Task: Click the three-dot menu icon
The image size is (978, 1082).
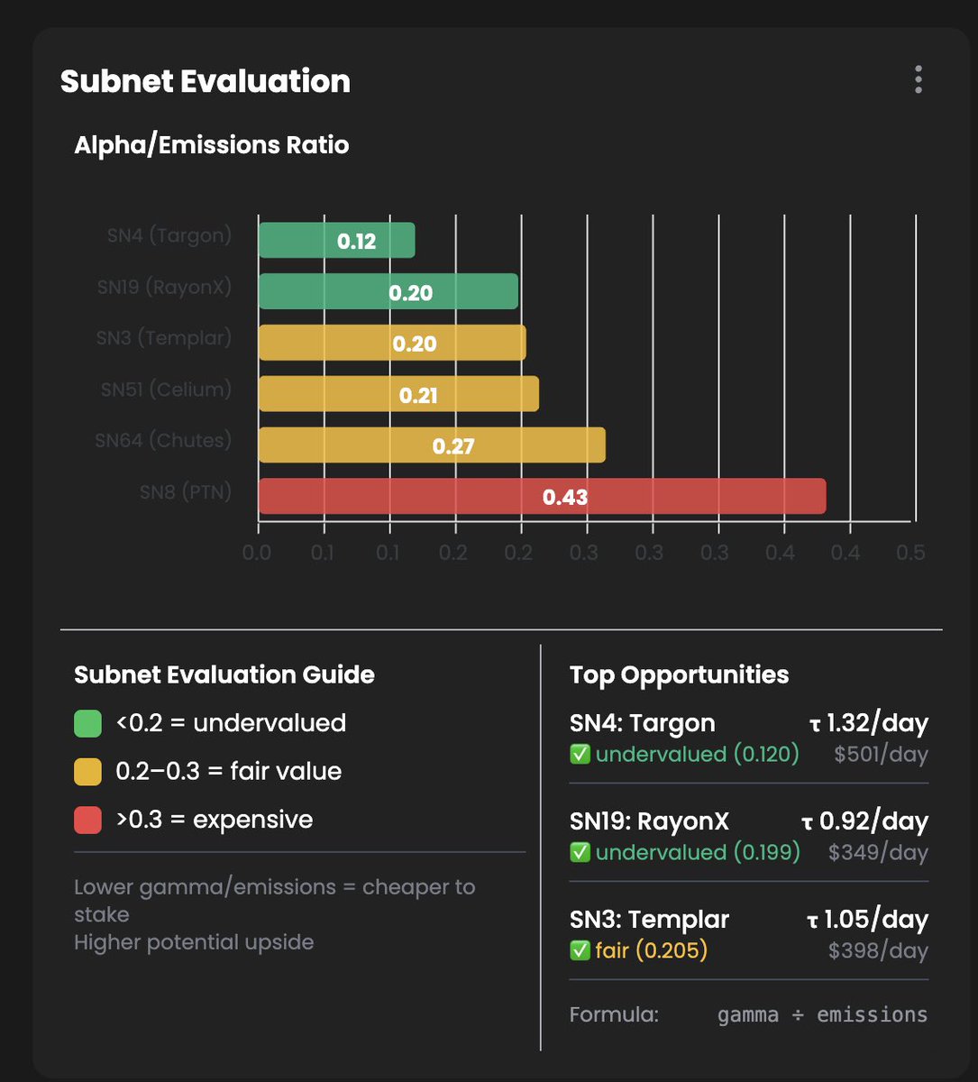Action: (918, 79)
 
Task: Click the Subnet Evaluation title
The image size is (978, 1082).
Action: (205, 81)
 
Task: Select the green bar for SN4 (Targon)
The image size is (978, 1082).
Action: (336, 240)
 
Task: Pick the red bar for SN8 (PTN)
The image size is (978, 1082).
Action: (542, 496)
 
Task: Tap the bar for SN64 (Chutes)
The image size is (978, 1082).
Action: (432, 445)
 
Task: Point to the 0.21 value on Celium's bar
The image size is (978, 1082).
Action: (418, 395)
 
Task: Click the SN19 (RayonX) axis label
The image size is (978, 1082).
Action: (164, 287)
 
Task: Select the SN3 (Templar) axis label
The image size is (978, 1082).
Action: (163, 338)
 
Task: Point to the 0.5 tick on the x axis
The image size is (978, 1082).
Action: (910, 552)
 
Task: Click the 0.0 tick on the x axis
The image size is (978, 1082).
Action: (257, 552)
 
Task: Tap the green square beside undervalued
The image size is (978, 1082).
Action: (87, 723)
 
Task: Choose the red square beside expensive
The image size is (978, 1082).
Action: (87, 820)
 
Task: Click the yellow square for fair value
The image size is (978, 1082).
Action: (87, 772)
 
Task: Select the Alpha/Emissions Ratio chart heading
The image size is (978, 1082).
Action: (211, 145)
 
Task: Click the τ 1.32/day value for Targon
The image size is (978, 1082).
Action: (867, 723)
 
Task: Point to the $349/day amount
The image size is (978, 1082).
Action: (878, 852)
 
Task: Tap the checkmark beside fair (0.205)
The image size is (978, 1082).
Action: (580, 950)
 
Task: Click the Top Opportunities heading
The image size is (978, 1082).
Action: (679, 674)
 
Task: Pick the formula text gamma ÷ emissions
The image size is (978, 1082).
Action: (822, 1014)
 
